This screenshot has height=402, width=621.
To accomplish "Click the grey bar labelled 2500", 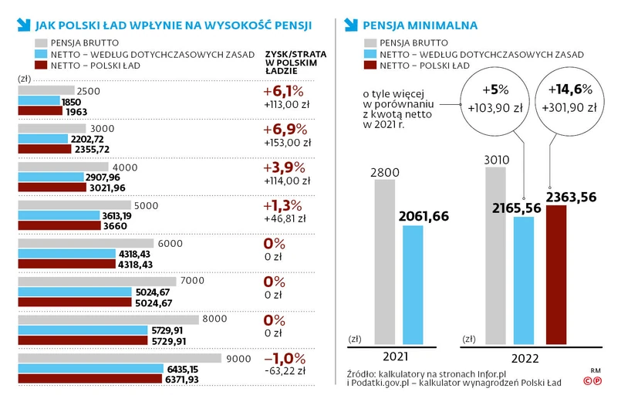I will (x=46, y=91).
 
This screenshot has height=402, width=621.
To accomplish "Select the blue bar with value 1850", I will (x=38, y=101).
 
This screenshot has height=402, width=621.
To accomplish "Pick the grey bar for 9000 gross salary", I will (x=119, y=358).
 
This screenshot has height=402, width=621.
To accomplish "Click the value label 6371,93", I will (x=183, y=379).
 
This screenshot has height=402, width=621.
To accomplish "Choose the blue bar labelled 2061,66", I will (x=412, y=284).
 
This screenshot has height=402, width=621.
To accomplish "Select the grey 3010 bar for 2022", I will (x=496, y=255).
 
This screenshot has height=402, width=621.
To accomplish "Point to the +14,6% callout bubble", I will (x=571, y=98).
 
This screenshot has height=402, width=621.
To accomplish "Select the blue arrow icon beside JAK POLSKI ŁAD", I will (x=23, y=25).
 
